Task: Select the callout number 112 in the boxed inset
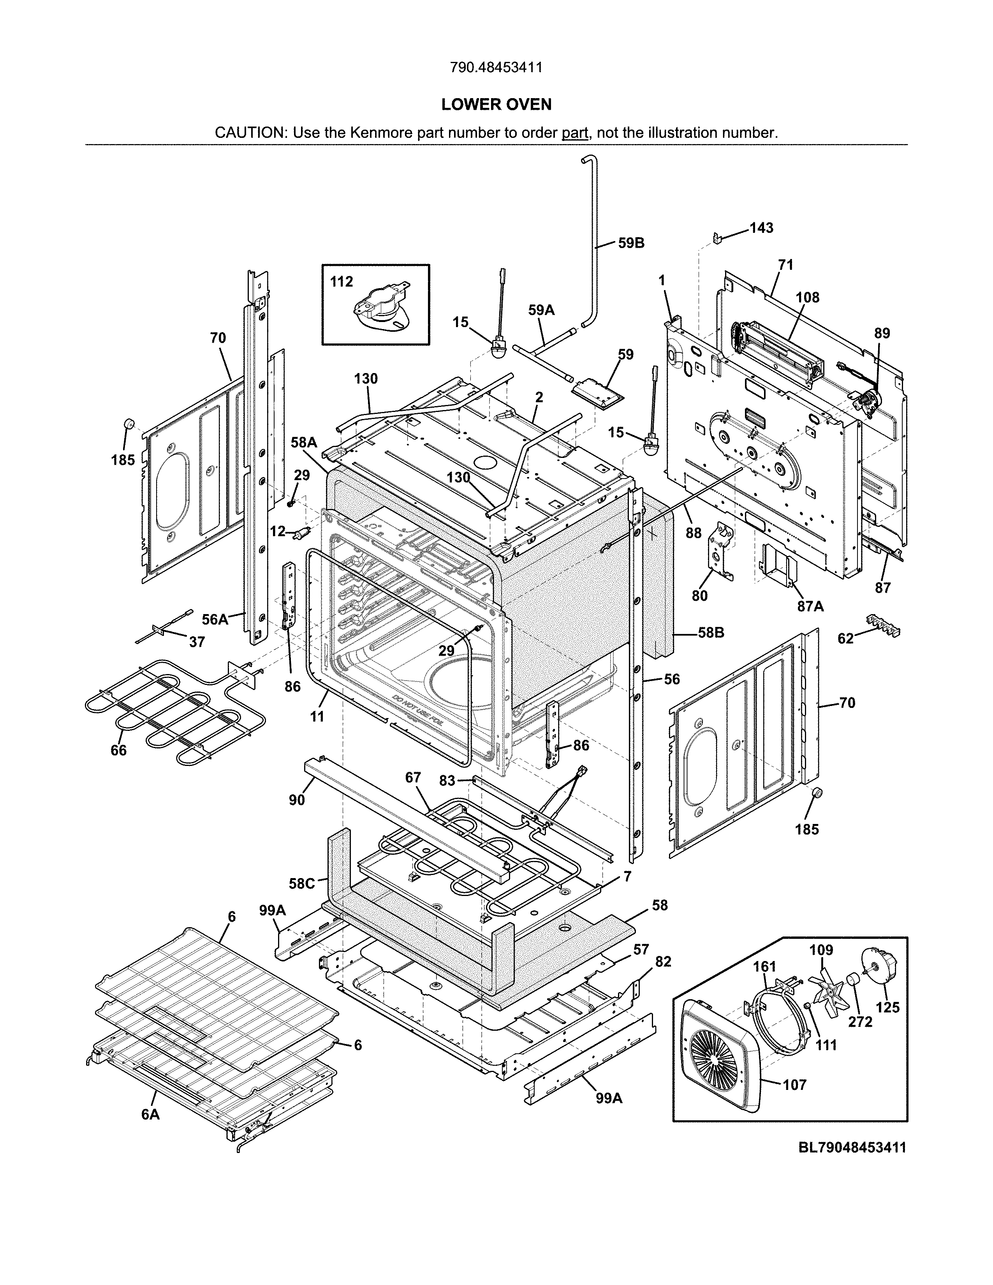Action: (x=341, y=282)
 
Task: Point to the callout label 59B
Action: (x=631, y=243)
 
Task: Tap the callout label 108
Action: (x=807, y=298)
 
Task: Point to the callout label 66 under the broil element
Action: (x=119, y=750)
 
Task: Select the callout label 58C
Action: (x=302, y=884)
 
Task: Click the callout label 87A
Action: (x=810, y=606)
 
